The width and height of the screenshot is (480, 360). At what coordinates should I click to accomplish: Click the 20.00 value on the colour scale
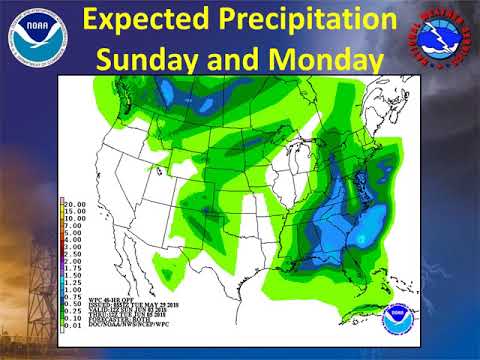click(x=77, y=203)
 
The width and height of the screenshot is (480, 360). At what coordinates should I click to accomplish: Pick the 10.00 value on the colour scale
click(x=77, y=219)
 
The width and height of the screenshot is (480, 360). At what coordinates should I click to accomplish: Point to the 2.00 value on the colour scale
click(x=75, y=259)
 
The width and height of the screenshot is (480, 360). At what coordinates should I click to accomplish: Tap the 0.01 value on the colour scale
click(x=75, y=323)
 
